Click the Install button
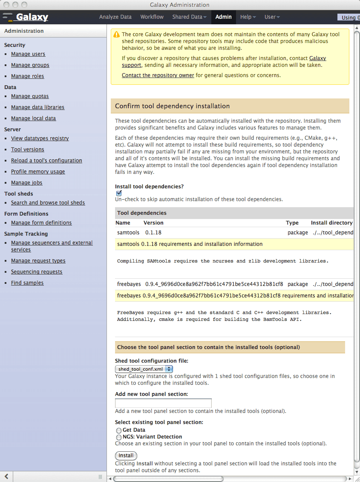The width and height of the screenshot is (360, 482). click(126, 456)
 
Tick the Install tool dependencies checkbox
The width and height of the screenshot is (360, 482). click(119, 193)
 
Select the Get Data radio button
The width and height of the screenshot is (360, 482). click(119, 430)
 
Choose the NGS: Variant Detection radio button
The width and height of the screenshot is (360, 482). click(119, 437)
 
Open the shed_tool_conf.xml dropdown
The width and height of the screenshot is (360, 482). click(144, 369)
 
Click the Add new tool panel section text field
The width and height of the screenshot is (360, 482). click(163, 403)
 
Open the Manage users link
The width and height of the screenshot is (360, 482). click(28, 54)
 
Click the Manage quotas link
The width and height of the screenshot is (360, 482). click(30, 96)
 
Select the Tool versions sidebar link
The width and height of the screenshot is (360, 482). click(28, 150)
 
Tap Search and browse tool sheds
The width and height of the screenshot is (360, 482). click(48, 203)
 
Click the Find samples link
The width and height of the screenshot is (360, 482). click(27, 283)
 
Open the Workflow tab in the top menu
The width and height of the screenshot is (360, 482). click(152, 17)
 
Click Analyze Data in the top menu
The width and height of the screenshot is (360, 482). click(115, 17)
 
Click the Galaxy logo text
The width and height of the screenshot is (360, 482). click(32, 17)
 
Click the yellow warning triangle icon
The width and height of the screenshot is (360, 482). click(116, 35)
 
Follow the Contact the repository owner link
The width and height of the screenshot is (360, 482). click(158, 75)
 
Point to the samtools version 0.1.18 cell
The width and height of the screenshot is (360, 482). click(153, 233)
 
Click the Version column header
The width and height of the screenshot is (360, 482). click(153, 223)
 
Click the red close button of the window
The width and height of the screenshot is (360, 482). click(6, 5)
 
